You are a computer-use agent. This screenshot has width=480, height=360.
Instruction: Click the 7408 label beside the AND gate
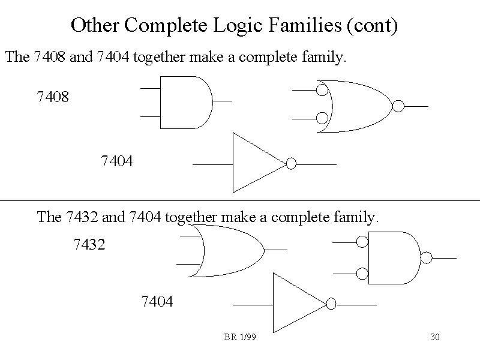tap(53, 96)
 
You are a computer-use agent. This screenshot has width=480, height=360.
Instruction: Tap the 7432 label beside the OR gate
tap(89, 245)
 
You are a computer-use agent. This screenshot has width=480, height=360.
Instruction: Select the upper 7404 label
tap(117, 161)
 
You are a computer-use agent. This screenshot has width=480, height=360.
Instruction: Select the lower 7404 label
tap(157, 302)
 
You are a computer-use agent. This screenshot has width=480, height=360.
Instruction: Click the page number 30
tap(435, 337)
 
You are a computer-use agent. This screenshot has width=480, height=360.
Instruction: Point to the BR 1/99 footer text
tap(240, 337)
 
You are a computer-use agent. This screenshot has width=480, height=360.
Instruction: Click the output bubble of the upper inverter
tap(292, 164)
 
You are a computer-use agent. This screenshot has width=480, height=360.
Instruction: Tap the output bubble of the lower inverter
tap(331, 304)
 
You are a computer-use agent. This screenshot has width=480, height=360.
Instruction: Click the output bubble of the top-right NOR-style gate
tap(398, 107)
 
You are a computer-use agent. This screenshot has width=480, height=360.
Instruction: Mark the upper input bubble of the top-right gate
tap(322, 91)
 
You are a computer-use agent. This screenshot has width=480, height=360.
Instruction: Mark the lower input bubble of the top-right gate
tap(322, 118)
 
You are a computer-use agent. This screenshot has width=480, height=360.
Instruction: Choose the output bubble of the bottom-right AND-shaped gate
tap(427, 258)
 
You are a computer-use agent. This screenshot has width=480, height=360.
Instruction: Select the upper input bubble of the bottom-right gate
tap(362, 242)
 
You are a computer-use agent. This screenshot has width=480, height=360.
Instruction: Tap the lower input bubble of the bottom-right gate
tap(362, 274)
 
